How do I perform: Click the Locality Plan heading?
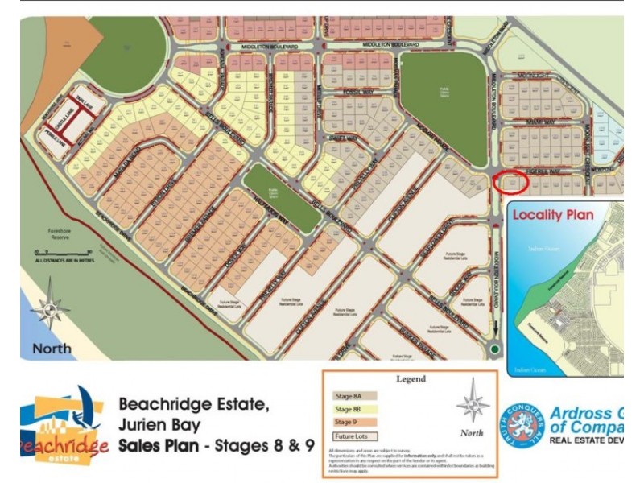[x=553, y=215]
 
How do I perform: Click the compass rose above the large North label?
[x=50, y=306]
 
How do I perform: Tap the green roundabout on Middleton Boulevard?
[x=494, y=349]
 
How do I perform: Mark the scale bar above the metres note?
[x=51, y=252]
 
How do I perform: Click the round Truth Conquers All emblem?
[x=521, y=426]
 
